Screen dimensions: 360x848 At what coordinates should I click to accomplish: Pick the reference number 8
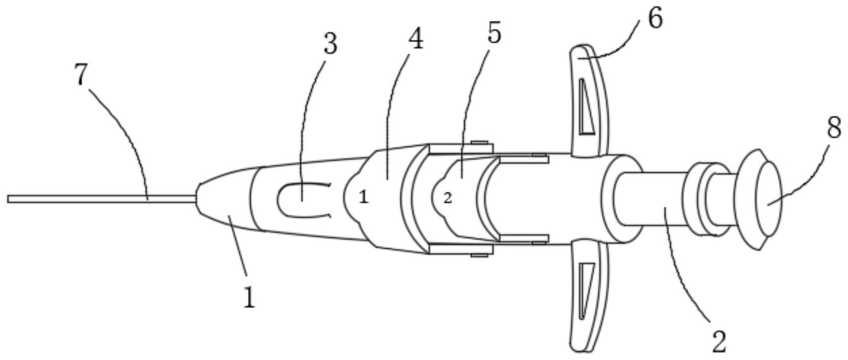[x=834, y=128]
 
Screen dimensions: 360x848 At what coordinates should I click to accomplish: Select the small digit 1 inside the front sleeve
[x=364, y=198]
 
